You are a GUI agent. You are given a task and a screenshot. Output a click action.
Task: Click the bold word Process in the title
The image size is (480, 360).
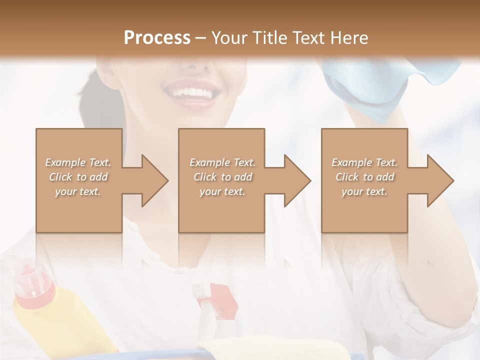(x=157, y=37)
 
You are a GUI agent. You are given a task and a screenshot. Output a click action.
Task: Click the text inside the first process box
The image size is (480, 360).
(x=78, y=177)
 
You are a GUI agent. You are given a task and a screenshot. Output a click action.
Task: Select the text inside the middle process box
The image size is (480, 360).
(x=222, y=177)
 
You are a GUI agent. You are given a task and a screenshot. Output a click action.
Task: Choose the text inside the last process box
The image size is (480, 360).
(x=364, y=177)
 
